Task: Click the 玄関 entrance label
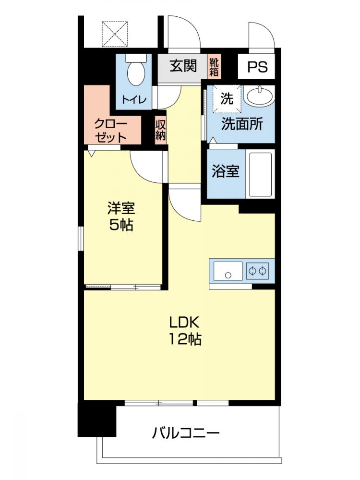tap(183, 66)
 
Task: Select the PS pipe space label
tap(257, 67)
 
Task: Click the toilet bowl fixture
tap(136, 72)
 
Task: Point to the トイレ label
tap(134, 99)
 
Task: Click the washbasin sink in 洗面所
tap(260, 96)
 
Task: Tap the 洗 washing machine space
tap(227, 98)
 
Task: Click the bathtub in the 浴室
tap(261, 174)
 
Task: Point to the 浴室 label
tap(226, 171)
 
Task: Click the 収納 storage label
tap(160, 130)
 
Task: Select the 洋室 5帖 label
tap(121, 216)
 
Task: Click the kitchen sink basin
tap(228, 271)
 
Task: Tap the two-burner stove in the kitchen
tap(257, 271)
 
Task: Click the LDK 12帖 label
tap(185, 331)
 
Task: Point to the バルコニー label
tap(186, 433)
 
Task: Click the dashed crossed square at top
tap(115, 34)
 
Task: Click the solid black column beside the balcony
tap(97, 420)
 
